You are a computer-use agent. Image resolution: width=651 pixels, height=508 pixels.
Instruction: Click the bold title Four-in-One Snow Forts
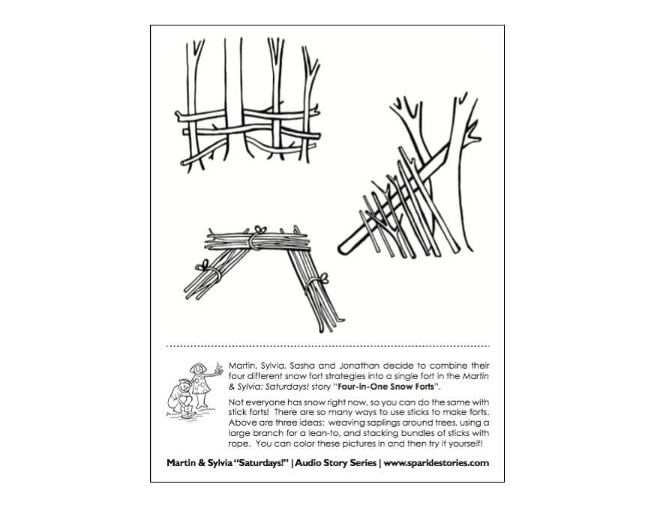[x=388, y=386]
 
